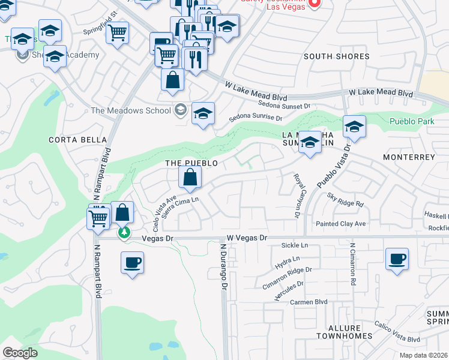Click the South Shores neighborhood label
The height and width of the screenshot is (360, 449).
pyautogui.click(x=336, y=56)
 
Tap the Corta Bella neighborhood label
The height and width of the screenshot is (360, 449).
pyautogui.click(x=73, y=140)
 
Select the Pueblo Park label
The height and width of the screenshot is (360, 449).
pyautogui.click(x=411, y=121)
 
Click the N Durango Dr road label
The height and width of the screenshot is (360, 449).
pyautogui.click(x=223, y=266)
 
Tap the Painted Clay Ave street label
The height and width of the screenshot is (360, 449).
pyautogui.click(x=341, y=224)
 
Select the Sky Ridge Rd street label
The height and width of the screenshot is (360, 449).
pyautogui.click(x=346, y=200)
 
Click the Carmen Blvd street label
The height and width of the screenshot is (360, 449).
pyautogui.click(x=310, y=302)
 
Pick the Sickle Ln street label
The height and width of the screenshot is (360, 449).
pyautogui.click(x=295, y=246)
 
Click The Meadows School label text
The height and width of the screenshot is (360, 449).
pyautogui.click(x=130, y=110)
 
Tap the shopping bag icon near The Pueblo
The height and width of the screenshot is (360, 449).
pyautogui.click(x=190, y=177)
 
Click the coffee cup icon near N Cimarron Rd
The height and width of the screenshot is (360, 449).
pyautogui.click(x=397, y=259)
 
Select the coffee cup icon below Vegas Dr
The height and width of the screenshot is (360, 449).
pyautogui.click(x=132, y=262)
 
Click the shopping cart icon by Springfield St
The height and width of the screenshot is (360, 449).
pyautogui.click(x=118, y=32)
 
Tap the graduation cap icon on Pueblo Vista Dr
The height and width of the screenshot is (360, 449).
pyautogui.click(x=355, y=127)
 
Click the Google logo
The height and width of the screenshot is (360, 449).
pyautogui.click(x=20, y=353)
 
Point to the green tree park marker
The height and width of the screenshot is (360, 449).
pyautogui.click(x=124, y=232)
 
